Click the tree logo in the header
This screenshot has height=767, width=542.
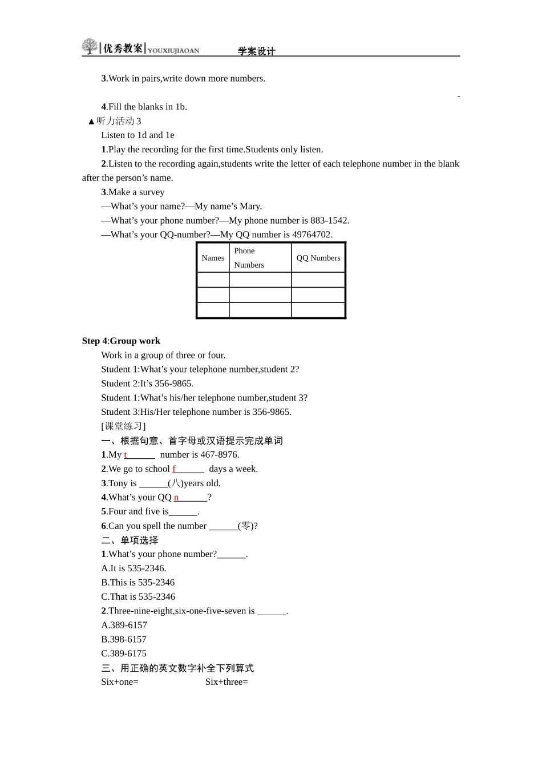tap(90, 47)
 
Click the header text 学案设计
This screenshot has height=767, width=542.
tap(257, 51)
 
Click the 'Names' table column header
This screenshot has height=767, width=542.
tap(213, 258)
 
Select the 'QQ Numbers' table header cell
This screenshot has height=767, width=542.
tap(318, 258)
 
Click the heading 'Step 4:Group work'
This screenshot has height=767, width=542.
tap(121, 341)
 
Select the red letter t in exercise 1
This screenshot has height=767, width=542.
tap(126, 455)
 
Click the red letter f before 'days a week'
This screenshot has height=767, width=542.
tap(174, 469)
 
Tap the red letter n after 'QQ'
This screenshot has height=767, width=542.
tap(176, 498)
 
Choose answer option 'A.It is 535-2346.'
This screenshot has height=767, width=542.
tap(134, 568)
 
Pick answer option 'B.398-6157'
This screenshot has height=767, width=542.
tap(124, 639)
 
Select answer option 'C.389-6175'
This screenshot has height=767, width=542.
tap(124, 653)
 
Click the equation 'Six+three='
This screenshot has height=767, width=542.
tap(226, 682)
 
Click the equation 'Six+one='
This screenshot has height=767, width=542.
tap(120, 682)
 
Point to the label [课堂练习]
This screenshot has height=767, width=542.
tap(123, 426)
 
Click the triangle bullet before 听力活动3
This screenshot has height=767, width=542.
tap(91, 122)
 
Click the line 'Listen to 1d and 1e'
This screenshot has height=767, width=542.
tap(137, 135)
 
